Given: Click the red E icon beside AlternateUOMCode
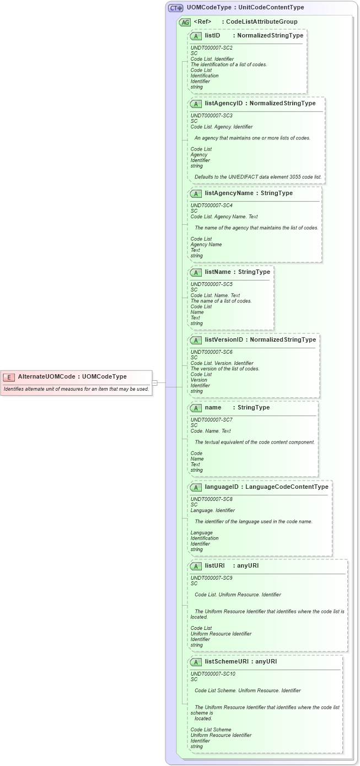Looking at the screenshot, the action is pos(9,377).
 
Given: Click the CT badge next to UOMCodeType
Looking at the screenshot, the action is pos(175,8).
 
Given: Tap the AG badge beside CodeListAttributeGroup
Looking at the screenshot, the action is pos(185,22).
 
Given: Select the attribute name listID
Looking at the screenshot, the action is pos(212,35).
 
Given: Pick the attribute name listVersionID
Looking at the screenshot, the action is pos(223,340).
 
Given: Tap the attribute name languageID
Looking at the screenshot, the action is pos(222,487).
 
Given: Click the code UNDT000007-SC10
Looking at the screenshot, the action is pos(213,674).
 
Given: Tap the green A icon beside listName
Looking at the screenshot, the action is pos(195,272).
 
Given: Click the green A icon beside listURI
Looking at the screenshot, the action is pos(195,566).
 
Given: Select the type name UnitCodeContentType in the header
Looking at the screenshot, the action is pos(271,8).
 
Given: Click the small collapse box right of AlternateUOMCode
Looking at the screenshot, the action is pos(155,382).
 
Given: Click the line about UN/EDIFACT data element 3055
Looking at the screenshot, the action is pos(258,177).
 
